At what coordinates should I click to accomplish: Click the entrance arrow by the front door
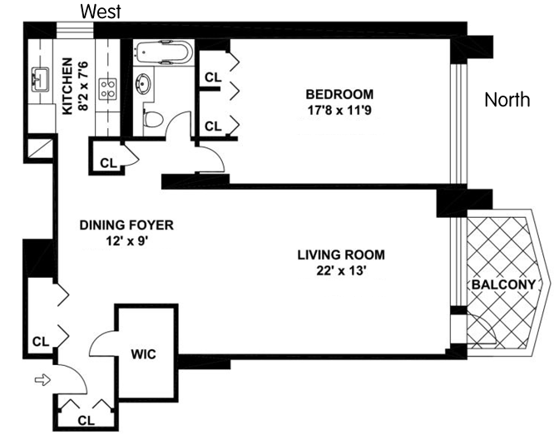42,380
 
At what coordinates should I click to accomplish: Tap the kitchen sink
40,80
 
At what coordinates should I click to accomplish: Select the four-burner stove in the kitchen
108,89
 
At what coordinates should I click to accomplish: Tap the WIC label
143,354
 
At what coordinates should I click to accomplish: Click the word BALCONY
503,284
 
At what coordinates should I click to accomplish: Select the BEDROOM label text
339,94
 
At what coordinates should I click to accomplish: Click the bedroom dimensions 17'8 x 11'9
339,110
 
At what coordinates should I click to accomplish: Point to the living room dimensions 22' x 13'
342,271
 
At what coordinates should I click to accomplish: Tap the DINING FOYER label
126,225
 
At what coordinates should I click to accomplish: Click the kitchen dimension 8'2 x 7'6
82,87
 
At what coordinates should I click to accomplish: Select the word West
101,12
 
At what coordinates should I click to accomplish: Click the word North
507,100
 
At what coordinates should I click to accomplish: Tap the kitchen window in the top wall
75,30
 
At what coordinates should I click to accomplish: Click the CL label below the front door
87,421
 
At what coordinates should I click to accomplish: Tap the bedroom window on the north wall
458,124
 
